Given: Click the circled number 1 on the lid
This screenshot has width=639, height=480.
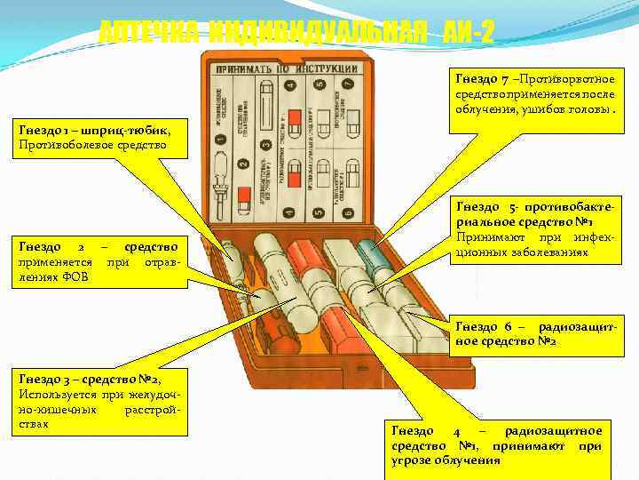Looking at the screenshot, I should [220, 138].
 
